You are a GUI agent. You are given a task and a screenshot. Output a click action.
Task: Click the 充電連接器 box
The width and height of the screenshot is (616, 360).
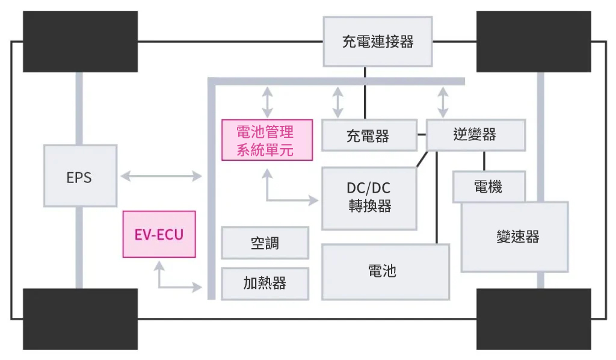[377, 42]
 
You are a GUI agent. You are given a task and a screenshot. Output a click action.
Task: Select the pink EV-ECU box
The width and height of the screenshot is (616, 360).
[159, 234]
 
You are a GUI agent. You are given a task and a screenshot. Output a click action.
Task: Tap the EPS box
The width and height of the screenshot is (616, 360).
[80, 177]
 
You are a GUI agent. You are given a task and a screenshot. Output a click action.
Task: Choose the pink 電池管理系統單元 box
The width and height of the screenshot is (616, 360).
[267, 140]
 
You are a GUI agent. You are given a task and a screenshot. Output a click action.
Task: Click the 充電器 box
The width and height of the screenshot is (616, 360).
[369, 135]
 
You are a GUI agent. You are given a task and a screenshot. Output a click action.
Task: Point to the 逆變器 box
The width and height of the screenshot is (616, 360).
[475, 135]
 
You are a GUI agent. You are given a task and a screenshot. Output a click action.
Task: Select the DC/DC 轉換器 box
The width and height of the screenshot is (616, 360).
[369, 197]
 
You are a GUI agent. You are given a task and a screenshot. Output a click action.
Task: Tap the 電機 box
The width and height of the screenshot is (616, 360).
[488, 187]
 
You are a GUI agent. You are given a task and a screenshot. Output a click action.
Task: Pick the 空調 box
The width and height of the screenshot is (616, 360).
[265, 243]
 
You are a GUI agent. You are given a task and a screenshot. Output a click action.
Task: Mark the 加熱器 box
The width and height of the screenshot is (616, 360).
[265, 283]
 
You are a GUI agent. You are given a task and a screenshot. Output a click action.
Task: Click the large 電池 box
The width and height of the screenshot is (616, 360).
[385, 272]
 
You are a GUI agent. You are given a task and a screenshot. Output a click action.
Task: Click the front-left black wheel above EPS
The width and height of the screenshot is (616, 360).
[80, 42]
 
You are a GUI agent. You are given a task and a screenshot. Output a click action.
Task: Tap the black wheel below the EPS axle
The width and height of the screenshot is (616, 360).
[80, 318]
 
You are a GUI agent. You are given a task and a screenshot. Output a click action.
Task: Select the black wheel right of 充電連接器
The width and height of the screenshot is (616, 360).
[533, 42]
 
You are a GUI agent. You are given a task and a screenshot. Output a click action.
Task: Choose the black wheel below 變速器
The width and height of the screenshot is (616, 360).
[533, 318]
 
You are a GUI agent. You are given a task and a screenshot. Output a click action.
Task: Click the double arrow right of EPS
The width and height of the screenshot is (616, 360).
[161, 176]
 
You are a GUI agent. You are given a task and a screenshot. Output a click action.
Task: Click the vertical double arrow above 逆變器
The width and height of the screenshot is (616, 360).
[443, 102]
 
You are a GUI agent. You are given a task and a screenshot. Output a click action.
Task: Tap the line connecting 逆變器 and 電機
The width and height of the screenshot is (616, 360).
[484, 161]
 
